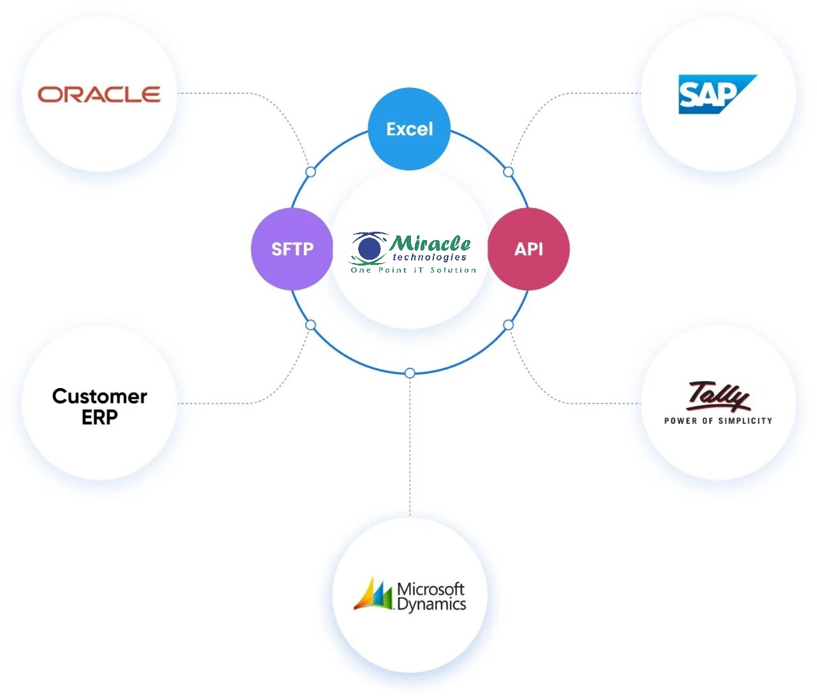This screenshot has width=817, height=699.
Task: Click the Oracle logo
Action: click(99, 94)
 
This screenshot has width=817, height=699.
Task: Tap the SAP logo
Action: click(715, 94)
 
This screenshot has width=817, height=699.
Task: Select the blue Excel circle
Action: click(410, 129)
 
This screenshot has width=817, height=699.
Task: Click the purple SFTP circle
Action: click(292, 249)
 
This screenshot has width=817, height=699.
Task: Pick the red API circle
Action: click(528, 249)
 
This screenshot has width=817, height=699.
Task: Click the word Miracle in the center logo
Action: click(430, 243)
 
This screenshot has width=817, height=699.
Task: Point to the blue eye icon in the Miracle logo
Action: click(369, 248)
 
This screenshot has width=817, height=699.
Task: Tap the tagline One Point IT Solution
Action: click(414, 270)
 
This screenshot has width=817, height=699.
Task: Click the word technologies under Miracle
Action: click(430, 257)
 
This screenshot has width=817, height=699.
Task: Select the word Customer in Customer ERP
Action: click(100, 396)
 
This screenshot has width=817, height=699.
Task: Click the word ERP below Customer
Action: click(100, 417)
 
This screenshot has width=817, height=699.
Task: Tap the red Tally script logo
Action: click(718, 396)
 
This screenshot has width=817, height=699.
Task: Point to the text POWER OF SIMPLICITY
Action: click(718, 421)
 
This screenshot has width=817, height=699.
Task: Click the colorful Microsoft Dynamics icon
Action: click(373, 594)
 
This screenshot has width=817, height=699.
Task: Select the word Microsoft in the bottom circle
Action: click(431, 588)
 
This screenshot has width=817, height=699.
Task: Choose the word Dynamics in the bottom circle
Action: click(431, 604)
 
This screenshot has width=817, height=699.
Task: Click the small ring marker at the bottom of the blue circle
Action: click(410, 373)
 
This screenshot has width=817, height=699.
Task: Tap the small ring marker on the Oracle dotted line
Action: click(311, 172)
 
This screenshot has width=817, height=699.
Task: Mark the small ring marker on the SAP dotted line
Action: click(508, 172)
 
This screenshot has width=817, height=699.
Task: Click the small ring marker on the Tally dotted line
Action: click(508, 325)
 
